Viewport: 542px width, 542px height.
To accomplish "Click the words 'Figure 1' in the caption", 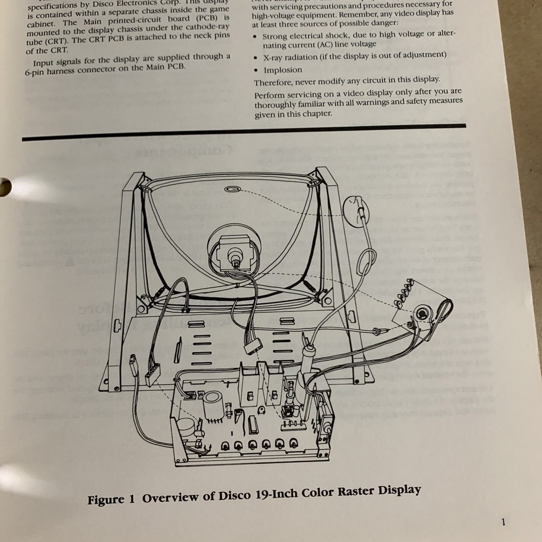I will [x=111, y=499].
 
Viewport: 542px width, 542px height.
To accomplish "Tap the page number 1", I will [x=504, y=522].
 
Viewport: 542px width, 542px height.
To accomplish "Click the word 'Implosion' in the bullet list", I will [x=283, y=70].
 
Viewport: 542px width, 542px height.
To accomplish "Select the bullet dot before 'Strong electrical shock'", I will [x=256, y=36].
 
